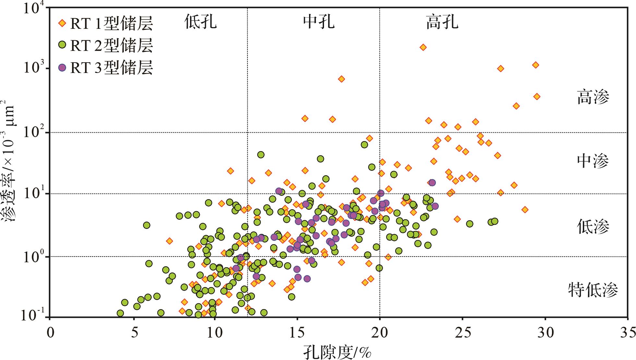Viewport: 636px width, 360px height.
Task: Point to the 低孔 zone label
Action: coord(200,22)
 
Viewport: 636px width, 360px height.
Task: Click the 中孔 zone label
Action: coord(319,22)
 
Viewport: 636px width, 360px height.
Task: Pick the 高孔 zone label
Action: coord(442,22)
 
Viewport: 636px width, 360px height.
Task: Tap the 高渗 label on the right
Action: coord(593,97)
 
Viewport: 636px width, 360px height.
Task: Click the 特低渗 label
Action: coord(593,290)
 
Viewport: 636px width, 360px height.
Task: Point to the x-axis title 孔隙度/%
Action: coord(337,352)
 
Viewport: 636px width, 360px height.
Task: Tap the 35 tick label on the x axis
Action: coord(628,333)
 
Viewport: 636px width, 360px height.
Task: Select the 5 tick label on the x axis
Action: coord(132,333)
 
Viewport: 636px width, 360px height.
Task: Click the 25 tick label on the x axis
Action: coord(462,333)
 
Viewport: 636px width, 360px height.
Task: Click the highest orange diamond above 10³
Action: coord(423,47)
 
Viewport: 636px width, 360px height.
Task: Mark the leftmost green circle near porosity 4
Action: coord(120,313)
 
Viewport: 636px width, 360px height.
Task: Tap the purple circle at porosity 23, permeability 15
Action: coord(432,183)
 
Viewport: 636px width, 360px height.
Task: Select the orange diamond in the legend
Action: coord(62,23)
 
